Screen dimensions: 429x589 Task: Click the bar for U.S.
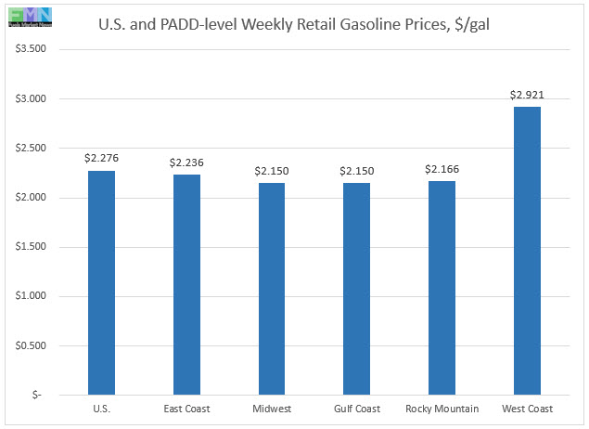101,282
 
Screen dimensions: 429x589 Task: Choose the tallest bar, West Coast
527,251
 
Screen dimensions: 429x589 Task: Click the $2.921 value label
527,95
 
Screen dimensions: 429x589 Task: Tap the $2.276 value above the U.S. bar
101,159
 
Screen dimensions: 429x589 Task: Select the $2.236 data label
186,162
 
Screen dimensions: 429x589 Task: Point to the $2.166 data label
442,169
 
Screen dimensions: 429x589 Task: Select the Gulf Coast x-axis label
356,409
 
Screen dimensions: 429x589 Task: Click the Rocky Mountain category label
442,409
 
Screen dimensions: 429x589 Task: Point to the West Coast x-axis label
527,409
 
